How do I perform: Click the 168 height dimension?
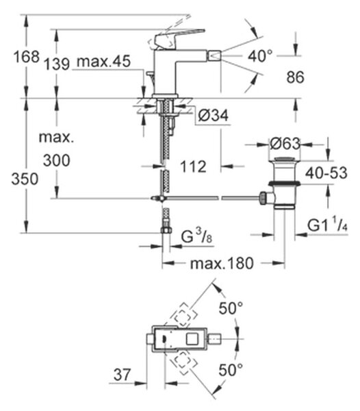[x=27, y=57]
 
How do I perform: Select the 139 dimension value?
[x=57, y=64]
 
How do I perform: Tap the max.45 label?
[x=103, y=62]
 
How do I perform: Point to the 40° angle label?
[x=260, y=56]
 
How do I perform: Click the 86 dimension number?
[x=296, y=77]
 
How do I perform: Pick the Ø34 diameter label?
[x=213, y=115]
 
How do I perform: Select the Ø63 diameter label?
[x=285, y=144]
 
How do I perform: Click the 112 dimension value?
[x=193, y=166]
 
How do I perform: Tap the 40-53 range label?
[x=326, y=173]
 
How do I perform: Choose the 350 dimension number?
[x=25, y=179]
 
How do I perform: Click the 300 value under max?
[x=57, y=160]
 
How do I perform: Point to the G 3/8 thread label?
[x=196, y=236]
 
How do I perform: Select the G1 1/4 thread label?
[x=327, y=225]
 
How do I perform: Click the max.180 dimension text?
[x=222, y=264]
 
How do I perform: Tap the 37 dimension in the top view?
[x=122, y=375]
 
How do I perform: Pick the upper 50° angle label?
[x=231, y=308]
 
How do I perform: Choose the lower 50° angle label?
[x=231, y=370]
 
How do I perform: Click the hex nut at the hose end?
[x=166, y=230]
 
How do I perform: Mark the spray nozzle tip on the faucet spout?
[x=214, y=56]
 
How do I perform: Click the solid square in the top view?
[x=194, y=339]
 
